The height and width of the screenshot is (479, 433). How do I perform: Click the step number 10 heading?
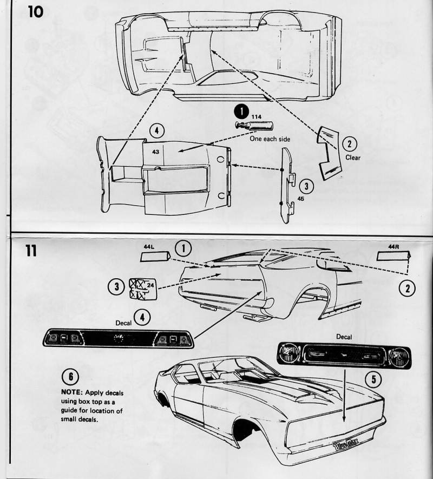click(36, 11)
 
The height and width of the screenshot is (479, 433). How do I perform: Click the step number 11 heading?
click(35, 252)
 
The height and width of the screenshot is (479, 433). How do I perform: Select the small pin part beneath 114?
click(253, 126)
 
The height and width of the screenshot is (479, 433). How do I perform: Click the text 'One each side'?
click(270, 139)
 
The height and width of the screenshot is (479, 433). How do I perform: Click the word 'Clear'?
click(353, 158)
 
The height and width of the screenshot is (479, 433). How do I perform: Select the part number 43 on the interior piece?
click(155, 152)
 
